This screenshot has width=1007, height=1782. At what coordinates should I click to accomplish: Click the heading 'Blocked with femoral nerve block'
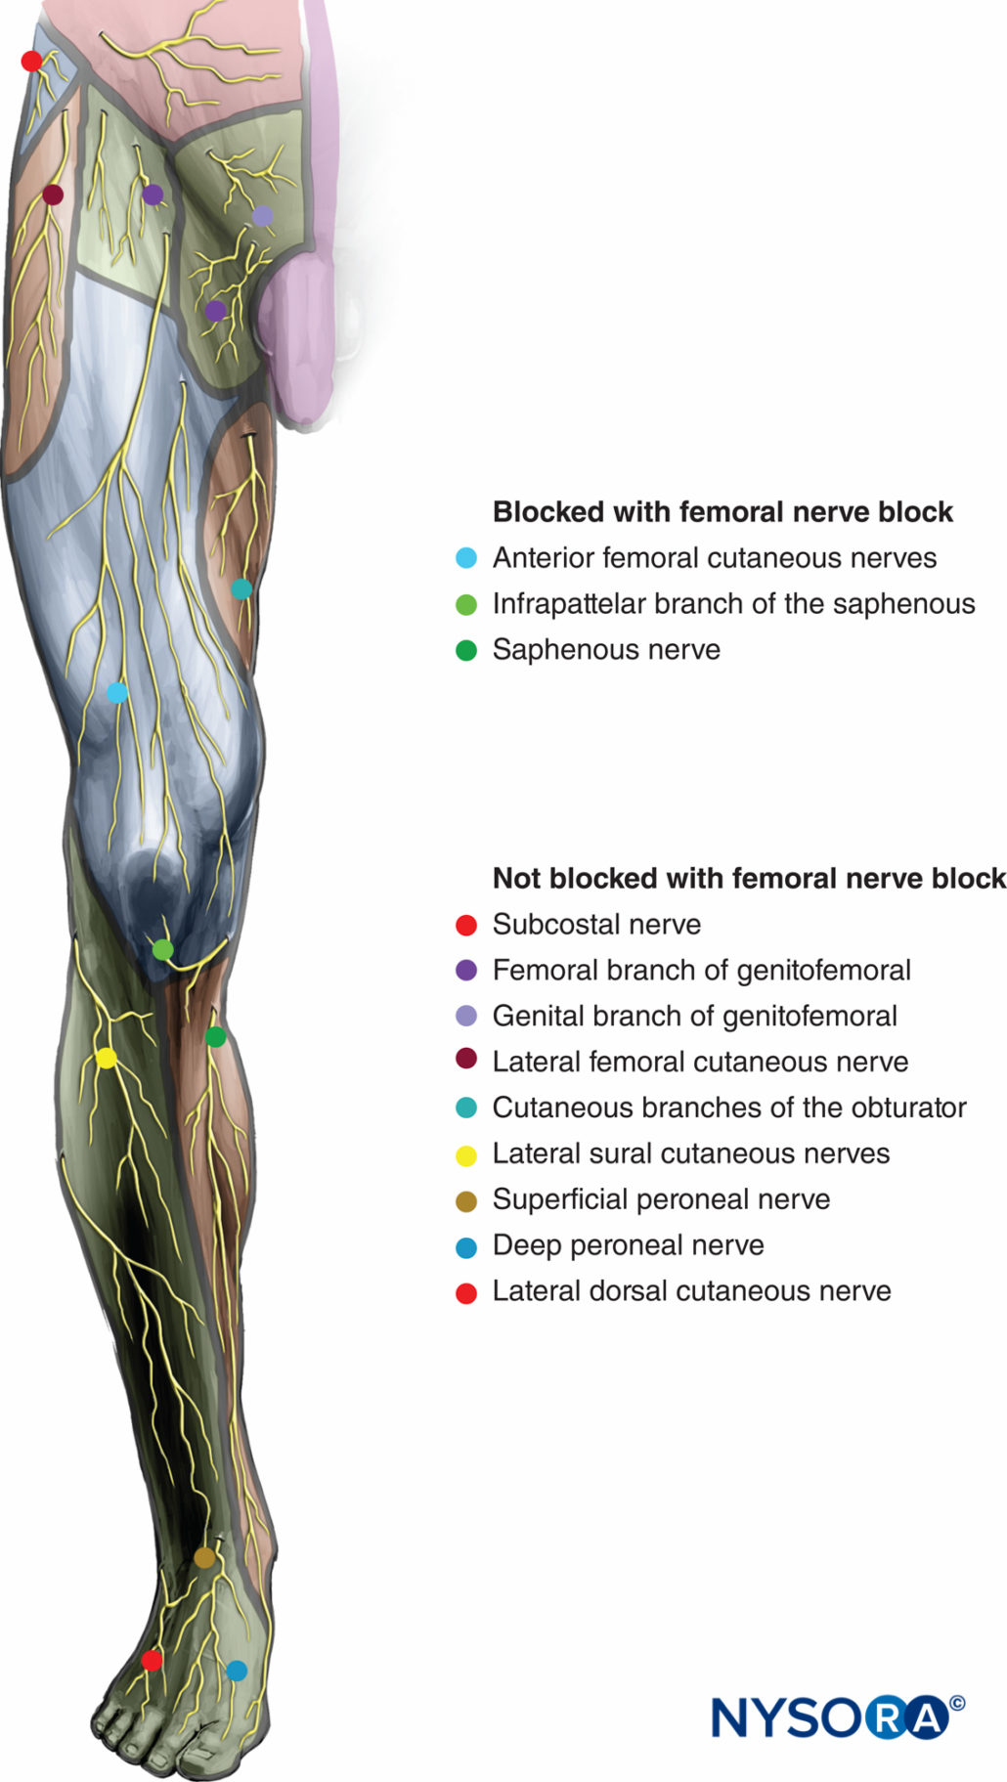point(722,512)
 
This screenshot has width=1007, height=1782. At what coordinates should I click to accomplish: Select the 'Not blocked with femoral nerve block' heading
point(749,879)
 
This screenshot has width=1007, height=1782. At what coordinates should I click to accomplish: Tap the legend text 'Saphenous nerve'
point(606,650)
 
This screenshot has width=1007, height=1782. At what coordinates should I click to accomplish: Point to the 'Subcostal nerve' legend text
point(596,925)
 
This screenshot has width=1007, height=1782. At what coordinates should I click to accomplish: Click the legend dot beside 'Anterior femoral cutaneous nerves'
point(466,558)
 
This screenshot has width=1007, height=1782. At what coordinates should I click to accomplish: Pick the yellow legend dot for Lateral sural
point(466,1154)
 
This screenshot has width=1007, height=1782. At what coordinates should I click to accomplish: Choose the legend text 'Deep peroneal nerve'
point(628,1245)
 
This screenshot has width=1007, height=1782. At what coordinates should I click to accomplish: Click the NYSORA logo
point(829,1717)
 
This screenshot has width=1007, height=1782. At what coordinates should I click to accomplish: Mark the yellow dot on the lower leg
point(107,1058)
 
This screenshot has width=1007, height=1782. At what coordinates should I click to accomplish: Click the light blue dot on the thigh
point(117,693)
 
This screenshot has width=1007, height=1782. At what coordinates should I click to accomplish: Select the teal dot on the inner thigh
point(241,588)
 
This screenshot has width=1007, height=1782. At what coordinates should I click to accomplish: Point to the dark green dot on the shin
point(216,1036)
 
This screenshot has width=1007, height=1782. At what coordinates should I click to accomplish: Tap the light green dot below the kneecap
point(163,949)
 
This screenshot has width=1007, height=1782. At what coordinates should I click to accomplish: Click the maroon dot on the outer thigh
point(53,195)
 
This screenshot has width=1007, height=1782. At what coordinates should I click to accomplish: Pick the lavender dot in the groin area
point(263,216)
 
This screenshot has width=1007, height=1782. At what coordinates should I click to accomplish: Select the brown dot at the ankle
point(204,1557)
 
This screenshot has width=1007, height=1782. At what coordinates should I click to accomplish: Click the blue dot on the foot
point(237,1671)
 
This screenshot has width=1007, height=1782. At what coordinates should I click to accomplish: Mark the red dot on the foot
point(152,1660)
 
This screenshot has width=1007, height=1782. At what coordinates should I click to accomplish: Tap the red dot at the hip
point(31,62)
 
